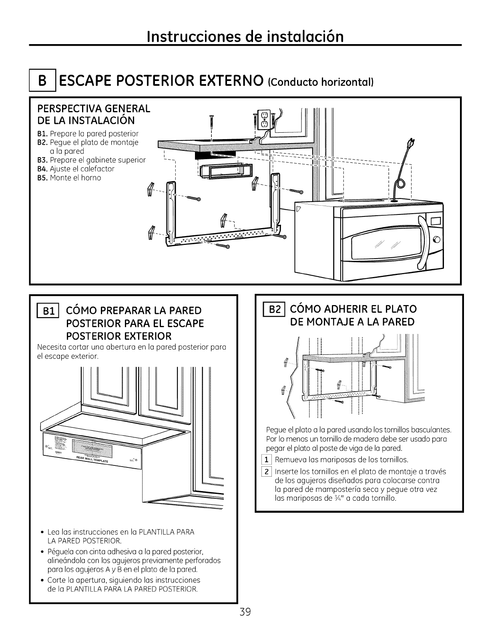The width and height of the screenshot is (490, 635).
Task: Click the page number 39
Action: point(245,612)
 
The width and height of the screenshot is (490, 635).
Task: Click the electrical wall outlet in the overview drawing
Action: point(265,119)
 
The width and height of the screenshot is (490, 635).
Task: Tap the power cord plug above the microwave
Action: point(410,143)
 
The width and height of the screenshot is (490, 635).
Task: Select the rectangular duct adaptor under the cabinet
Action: point(225,171)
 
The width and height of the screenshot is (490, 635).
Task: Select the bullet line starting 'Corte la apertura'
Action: point(123,580)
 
